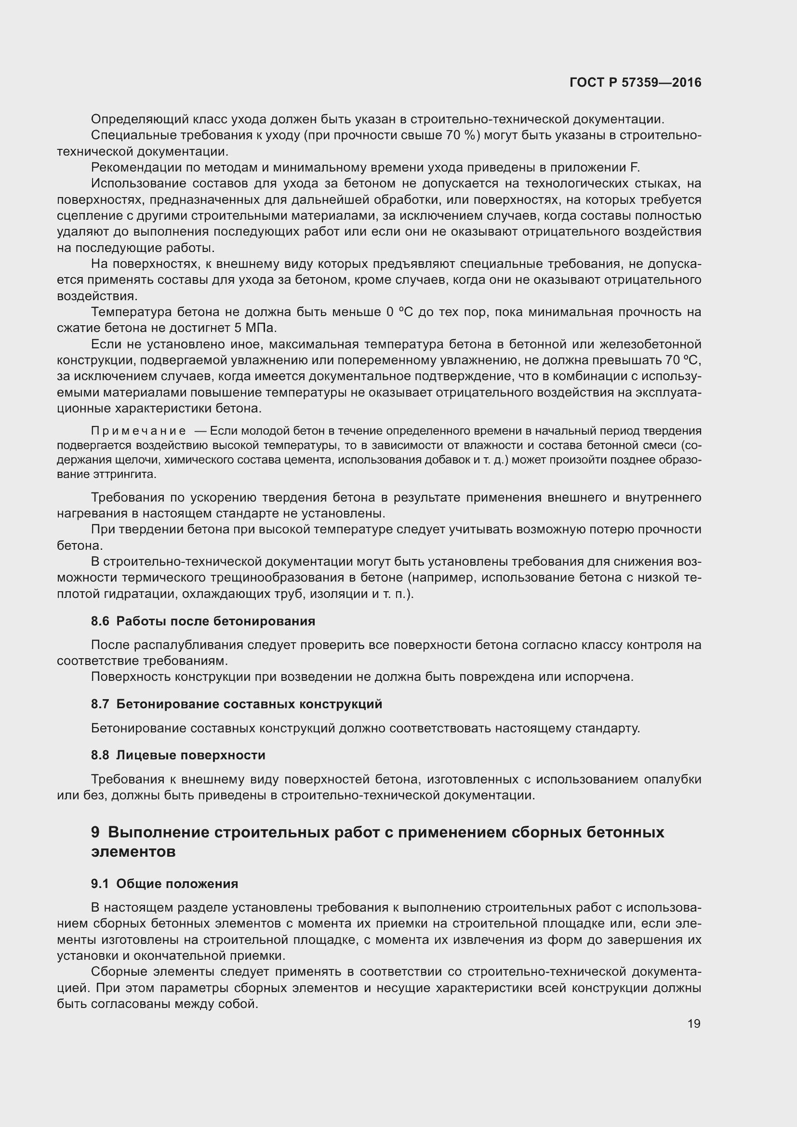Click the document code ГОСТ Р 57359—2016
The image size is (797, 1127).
[635, 83]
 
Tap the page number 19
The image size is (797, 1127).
[694, 1023]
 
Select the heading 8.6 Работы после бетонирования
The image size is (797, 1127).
[203, 621]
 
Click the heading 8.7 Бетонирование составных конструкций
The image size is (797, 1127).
[237, 704]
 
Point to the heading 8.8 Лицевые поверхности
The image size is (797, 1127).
[178, 755]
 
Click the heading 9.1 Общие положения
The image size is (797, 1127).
[164, 884]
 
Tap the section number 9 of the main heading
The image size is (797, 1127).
[95, 832]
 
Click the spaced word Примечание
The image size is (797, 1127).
[138, 431]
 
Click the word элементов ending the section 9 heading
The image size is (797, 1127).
[133, 851]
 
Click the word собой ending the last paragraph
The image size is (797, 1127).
[240, 1004]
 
